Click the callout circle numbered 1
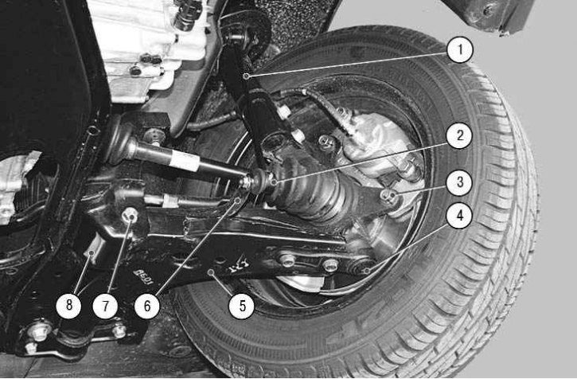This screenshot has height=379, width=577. pos(460,49)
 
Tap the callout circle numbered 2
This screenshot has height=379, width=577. pos(460,135)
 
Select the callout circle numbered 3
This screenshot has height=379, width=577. pos(460,182)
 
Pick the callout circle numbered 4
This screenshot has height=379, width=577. pos(460,216)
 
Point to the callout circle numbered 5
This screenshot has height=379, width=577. pos(242,305)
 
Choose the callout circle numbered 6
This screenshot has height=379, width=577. pos(147,305)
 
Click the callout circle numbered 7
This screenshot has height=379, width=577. pos(106,305)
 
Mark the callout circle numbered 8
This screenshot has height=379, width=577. pos(68,305)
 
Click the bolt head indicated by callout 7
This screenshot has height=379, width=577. pos(130,216)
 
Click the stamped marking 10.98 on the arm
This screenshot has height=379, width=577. pos(142,279)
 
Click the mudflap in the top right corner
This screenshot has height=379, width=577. pos(489,15)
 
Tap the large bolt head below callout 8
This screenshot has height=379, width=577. pos(40,331)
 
